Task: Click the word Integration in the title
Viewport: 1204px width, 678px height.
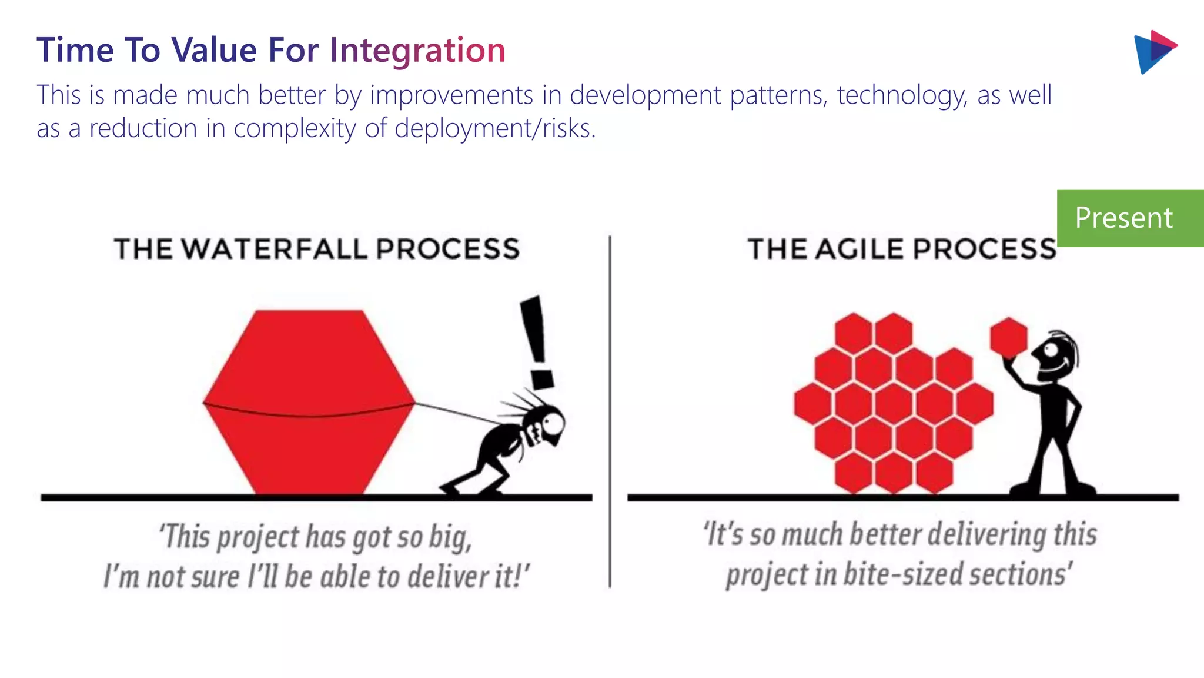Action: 417,51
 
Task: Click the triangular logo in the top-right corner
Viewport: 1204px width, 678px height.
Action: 1153,52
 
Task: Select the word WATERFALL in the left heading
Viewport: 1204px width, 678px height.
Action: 275,249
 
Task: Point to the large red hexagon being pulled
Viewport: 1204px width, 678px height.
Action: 309,400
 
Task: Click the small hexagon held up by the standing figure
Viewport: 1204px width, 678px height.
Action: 1008,337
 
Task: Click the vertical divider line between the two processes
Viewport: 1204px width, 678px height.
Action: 610,412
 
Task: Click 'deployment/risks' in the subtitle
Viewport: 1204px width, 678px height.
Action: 494,129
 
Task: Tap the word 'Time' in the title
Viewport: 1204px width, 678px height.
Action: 75,51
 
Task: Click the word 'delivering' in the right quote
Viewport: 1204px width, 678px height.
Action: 988,535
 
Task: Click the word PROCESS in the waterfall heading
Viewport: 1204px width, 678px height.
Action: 448,249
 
